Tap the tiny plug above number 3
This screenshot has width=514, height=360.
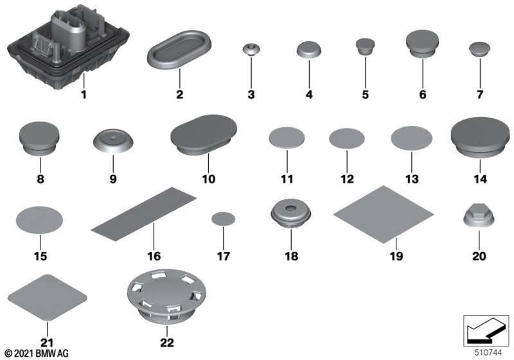[x=251, y=51]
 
